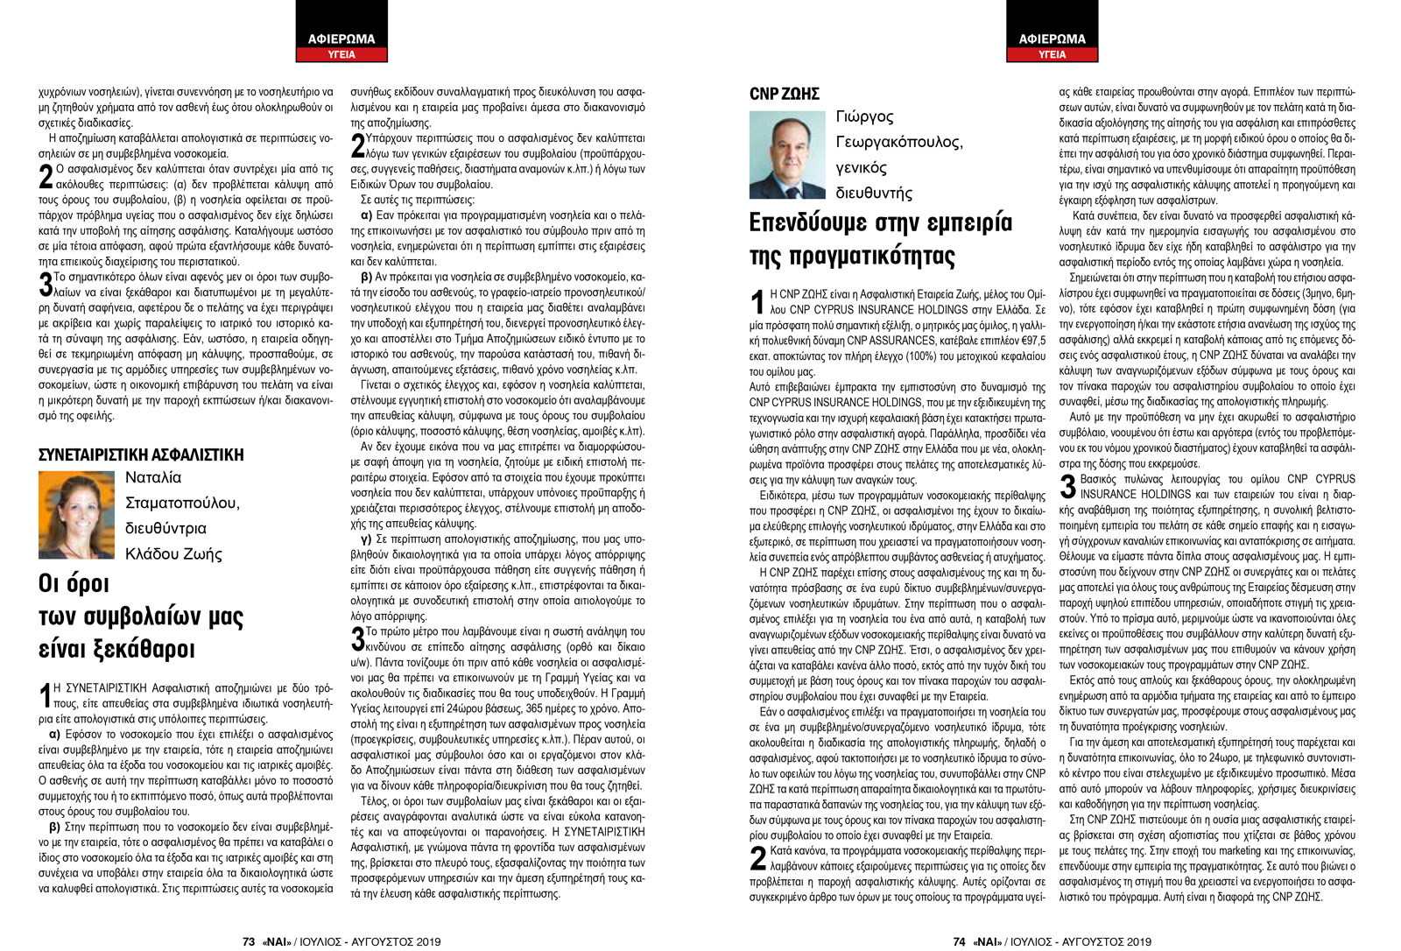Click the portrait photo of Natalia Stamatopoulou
pos(77,515)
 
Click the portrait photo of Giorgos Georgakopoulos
pos(788,155)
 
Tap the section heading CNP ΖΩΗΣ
pos(784,94)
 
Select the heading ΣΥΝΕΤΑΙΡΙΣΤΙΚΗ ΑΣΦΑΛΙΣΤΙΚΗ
pos(141,454)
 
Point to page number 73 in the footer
pos(248,941)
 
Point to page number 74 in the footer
pos(959,941)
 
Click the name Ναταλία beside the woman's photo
pos(153,477)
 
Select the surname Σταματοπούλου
pos(182,503)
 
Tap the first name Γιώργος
pos(864,116)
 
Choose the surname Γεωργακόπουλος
pos(898,142)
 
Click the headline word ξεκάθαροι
pos(116,649)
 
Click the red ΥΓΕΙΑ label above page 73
pos(341,54)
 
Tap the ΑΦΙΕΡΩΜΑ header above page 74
pos(1052,39)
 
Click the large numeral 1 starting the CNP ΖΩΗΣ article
pos(758,303)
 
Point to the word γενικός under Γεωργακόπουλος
pos(861,167)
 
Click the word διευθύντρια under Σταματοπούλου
pos(165,528)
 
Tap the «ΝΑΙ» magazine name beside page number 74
pos(988,941)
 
